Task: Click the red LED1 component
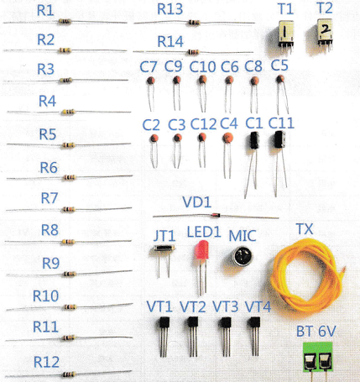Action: pos(201,250)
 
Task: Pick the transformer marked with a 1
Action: pos(285,33)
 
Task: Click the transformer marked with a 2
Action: pos(325,31)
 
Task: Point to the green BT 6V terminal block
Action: pos(317,357)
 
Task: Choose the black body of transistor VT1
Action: pos(164,322)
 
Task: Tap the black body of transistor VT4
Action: pos(254,322)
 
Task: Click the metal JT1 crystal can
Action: pos(164,248)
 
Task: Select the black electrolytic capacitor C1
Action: pos(254,140)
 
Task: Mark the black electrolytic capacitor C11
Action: pos(279,139)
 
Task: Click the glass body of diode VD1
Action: pos(215,215)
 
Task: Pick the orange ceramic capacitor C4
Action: pos(228,138)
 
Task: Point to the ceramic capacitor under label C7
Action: pos(151,81)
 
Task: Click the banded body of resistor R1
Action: pos(65,22)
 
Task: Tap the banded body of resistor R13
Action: pos(194,23)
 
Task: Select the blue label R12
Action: pos(46,362)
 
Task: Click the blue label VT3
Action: pos(226,306)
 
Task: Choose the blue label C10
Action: pos(202,67)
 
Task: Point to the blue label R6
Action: pos(49,168)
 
